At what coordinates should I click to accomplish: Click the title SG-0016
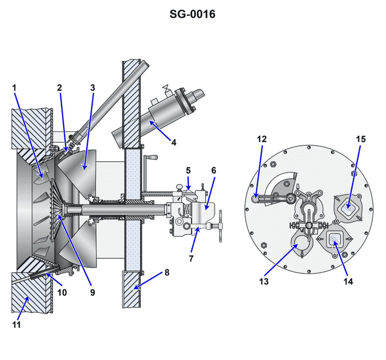[192, 14]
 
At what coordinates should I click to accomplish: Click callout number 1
[14, 88]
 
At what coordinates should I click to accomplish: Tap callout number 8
[166, 272]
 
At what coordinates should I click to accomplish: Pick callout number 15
[361, 139]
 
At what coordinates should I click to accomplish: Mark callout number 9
[92, 292]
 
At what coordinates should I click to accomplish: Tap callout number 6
[213, 170]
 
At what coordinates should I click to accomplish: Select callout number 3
[93, 88]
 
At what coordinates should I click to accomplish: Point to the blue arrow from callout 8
[150, 280]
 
